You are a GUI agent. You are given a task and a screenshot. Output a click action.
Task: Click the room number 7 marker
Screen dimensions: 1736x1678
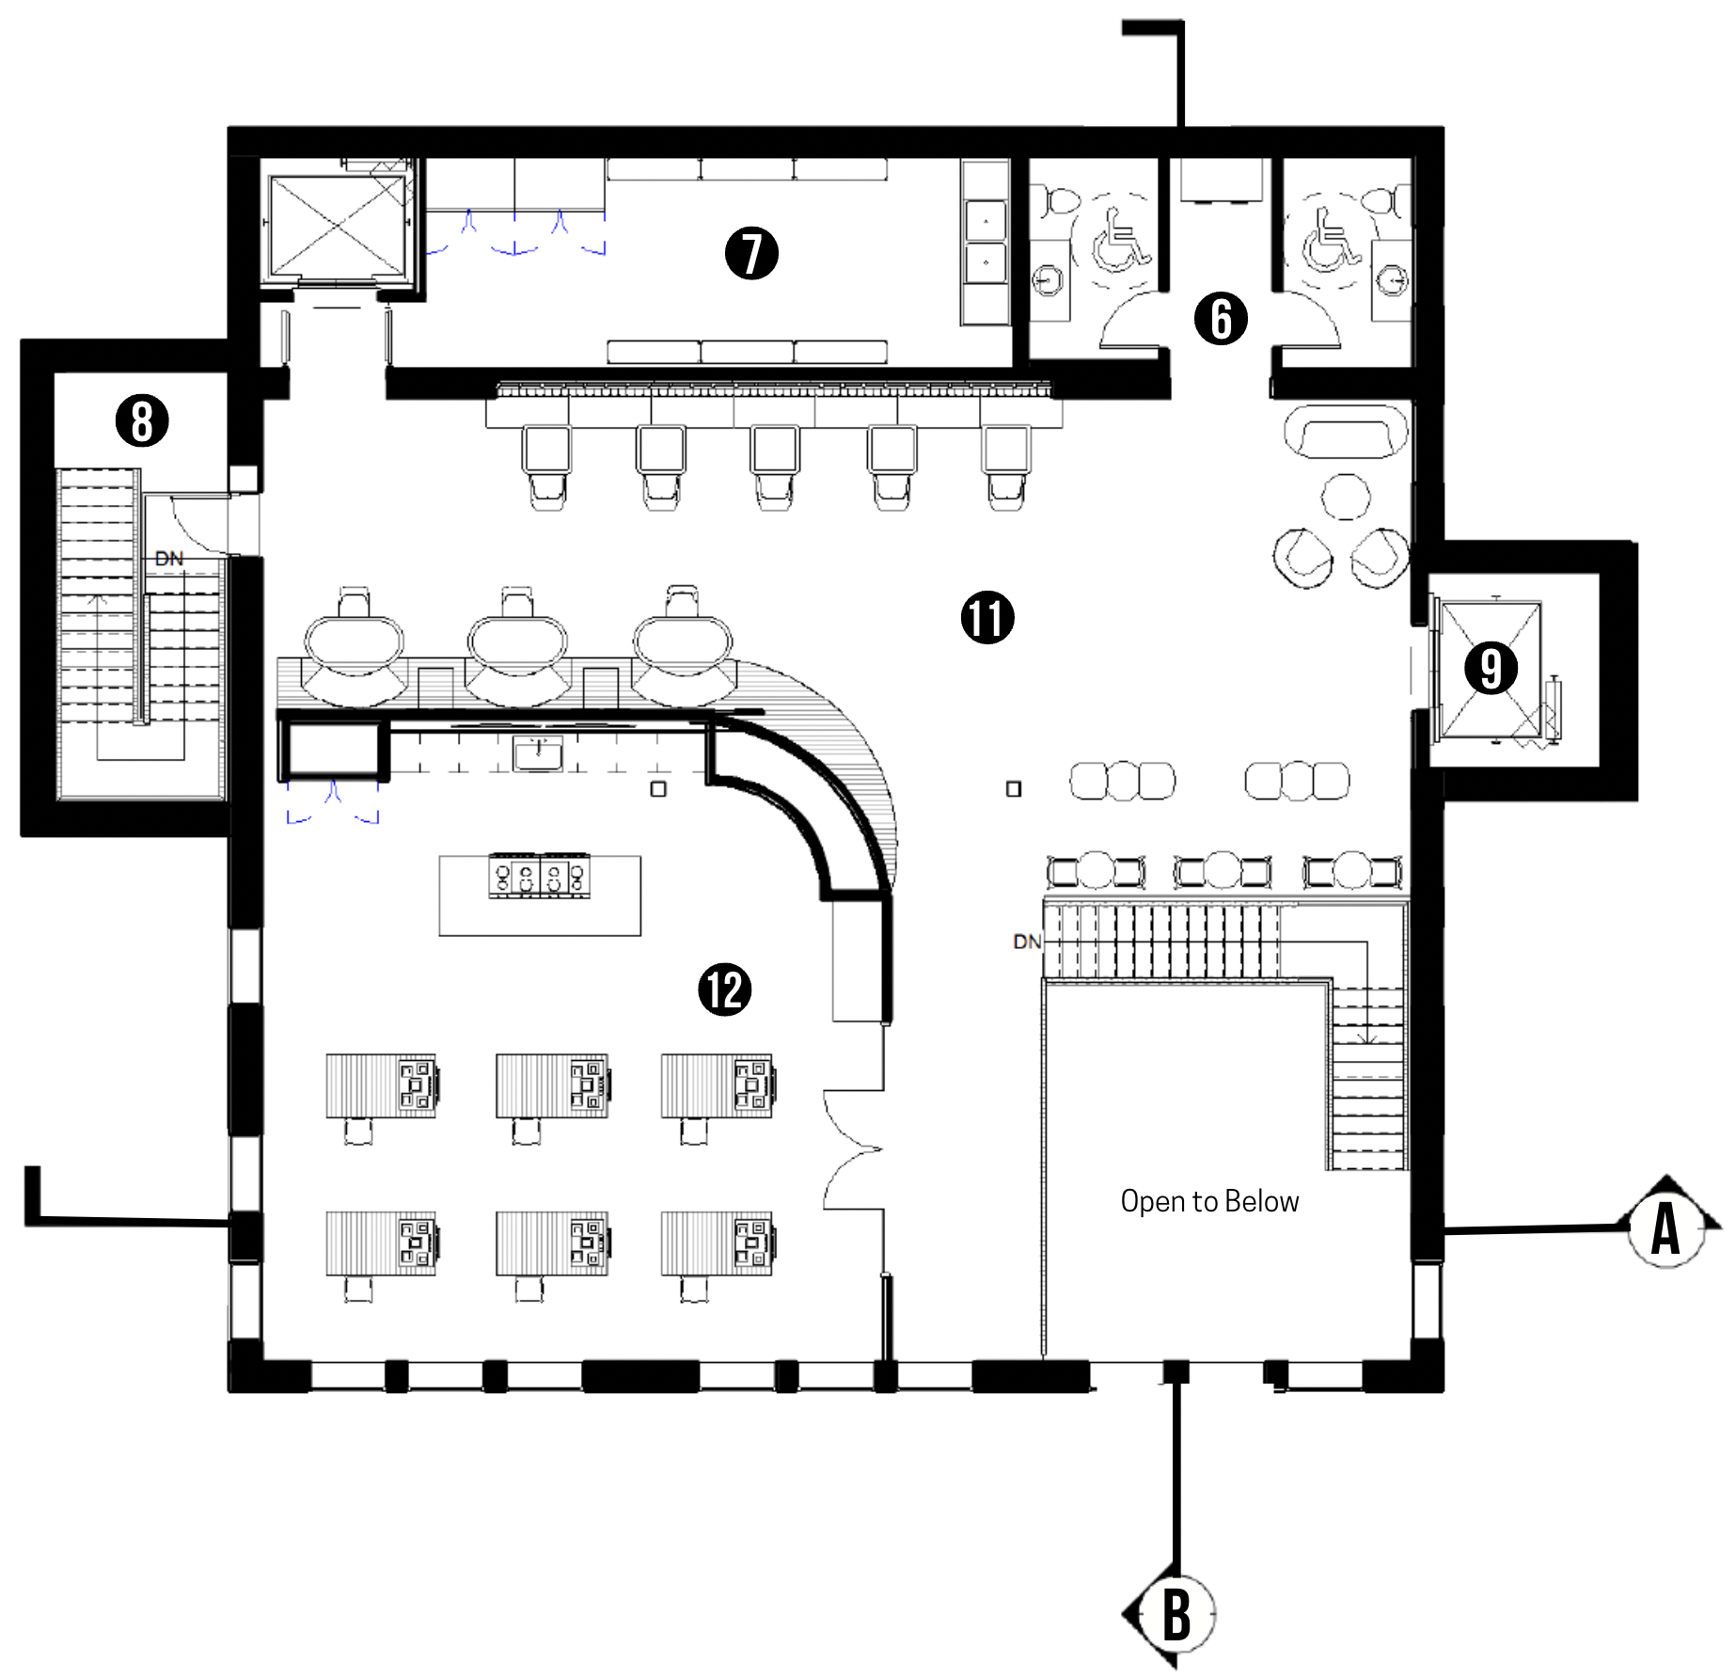click(x=751, y=253)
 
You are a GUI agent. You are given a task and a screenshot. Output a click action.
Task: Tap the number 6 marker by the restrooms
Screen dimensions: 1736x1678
click(x=1221, y=318)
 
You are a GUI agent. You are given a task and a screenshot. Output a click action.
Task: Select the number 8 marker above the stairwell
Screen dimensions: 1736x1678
click(x=142, y=420)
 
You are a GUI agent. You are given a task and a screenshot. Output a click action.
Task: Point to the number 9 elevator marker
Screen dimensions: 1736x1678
click(x=1491, y=668)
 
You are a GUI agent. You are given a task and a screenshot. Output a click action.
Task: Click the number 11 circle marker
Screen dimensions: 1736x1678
click(x=987, y=618)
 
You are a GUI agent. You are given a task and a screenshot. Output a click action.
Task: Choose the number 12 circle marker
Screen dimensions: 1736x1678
click(x=725, y=989)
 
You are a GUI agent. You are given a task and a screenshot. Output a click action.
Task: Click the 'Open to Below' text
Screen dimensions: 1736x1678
click(x=1209, y=1201)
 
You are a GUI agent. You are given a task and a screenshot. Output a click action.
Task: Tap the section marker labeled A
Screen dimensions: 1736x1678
click(x=1666, y=1227)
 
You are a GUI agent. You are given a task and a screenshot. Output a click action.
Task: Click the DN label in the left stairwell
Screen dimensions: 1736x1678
click(x=169, y=559)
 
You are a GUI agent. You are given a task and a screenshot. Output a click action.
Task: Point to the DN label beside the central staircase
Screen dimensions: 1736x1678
click(x=1027, y=942)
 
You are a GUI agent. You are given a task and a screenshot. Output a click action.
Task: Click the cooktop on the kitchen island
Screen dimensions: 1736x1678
click(x=540, y=877)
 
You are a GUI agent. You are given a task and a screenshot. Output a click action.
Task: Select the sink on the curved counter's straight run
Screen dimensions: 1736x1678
click(x=538, y=753)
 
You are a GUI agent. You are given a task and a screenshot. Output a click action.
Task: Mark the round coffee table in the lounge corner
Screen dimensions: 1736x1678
click(x=1346, y=497)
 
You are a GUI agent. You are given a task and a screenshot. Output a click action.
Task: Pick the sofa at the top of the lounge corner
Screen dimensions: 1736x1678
click(x=1347, y=432)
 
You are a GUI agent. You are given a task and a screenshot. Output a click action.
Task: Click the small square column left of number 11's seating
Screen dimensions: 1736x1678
click(x=1013, y=789)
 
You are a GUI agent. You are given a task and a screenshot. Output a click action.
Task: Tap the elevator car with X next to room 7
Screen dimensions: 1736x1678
click(x=337, y=227)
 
